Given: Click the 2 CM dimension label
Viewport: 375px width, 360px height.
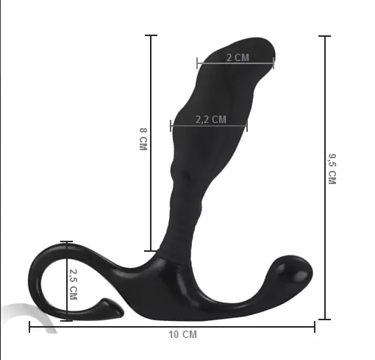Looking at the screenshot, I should pos(237,57).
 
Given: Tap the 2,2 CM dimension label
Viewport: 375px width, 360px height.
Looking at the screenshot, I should pos(210,119).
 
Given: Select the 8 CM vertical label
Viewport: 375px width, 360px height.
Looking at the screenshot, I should pos(143,140).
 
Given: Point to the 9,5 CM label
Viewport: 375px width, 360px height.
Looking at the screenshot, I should pos(332,169).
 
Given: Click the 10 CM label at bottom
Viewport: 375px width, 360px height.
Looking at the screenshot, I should pos(183,335).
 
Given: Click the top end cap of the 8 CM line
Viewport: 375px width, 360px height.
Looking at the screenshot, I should pos(151,35).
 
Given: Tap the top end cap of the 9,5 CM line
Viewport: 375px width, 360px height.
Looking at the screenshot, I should pos(324,35).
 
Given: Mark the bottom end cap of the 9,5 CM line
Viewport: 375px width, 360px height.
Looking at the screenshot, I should pos(324,319).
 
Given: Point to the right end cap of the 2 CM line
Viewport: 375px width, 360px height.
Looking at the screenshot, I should pos(274,63).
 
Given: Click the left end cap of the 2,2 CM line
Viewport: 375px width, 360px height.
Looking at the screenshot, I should pos(171,126).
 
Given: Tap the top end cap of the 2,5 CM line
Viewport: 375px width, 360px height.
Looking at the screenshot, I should pos(67,241).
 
